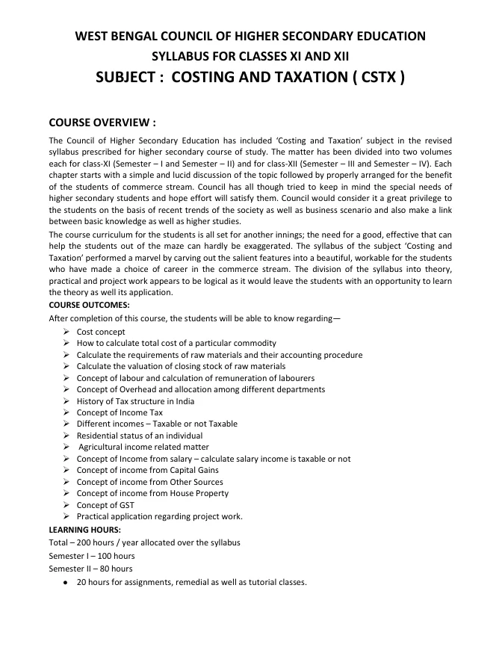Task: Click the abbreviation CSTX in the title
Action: coord(373,77)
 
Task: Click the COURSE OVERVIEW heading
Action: coord(102,122)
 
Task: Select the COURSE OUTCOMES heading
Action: coord(89,306)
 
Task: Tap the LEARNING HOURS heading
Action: coord(84,529)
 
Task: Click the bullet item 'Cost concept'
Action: coord(101,332)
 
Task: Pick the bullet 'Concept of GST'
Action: coord(105,505)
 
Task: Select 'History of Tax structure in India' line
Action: coord(136,401)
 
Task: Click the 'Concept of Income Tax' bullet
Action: coord(120,412)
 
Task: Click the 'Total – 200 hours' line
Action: coord(144,542)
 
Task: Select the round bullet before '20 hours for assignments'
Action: coord(66,583)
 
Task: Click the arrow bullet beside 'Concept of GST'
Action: coord(67,505)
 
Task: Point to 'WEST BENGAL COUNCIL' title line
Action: coord(250,36)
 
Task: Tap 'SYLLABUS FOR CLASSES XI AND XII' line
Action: coord(250,56)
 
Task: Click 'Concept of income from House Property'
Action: coord(152,493)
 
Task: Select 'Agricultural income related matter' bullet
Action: coord(143,447)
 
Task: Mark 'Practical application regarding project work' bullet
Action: coord(159,516)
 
